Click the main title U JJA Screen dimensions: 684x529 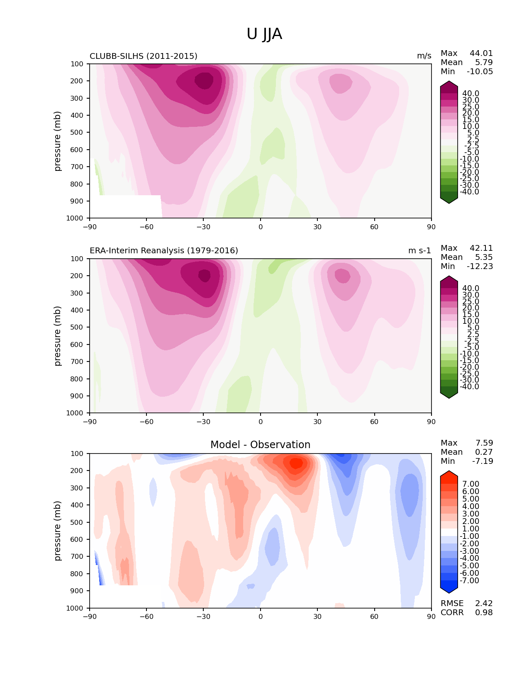[264, 34]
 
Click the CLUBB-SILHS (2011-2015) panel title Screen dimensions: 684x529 [144, 56]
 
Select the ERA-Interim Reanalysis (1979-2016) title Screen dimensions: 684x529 [164, 251]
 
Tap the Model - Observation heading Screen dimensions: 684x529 [260, 445]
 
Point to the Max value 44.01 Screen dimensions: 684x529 [481, 53]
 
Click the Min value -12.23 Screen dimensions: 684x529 [480, 267]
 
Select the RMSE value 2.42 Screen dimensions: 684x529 [484, 604]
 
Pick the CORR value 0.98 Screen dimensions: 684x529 [484, 613]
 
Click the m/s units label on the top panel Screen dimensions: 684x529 [424, 56]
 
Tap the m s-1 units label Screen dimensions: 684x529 [419, 251]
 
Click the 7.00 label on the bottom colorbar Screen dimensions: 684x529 [470, 484]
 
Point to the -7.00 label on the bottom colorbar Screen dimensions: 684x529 [470, 581]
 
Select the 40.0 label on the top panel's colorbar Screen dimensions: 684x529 [470, 94]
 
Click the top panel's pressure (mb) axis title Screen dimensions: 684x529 [58, 141]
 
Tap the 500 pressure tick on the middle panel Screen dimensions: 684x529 [78, 327]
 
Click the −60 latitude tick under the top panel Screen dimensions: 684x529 [146, 227]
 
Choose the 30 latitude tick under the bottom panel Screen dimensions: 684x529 [317, 616]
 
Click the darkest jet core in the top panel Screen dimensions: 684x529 [205, 81]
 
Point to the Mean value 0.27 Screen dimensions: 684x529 [484, 452]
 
